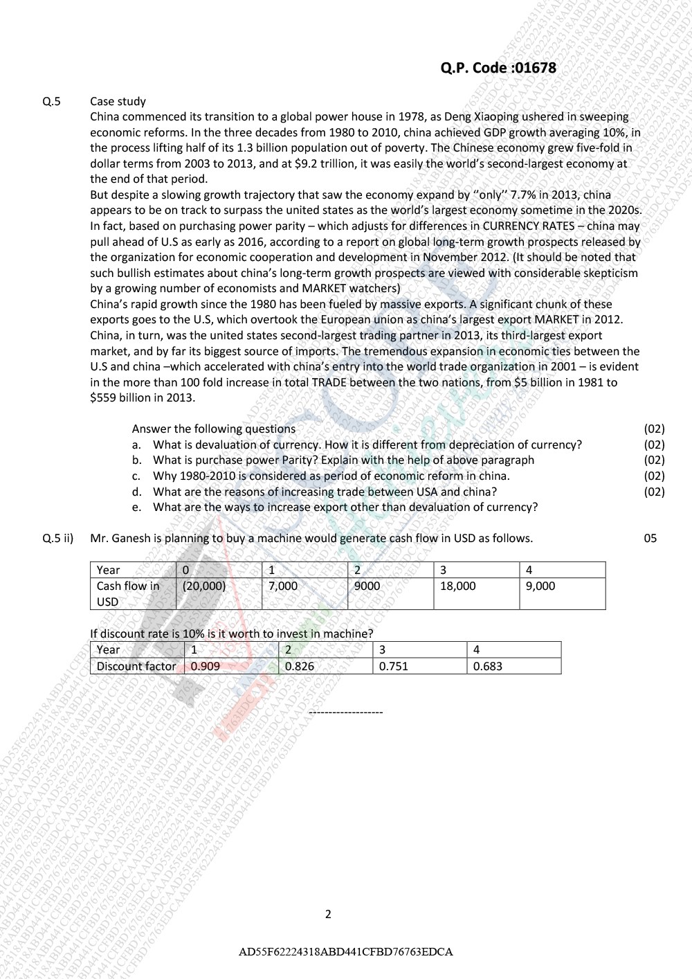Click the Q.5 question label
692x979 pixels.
point(51,102)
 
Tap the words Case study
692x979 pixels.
point(118,102)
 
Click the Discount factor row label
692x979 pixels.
point(136,666)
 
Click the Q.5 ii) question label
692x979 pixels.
point(58,538)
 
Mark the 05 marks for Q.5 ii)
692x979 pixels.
point(650,538)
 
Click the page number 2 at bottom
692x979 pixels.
point(328,914)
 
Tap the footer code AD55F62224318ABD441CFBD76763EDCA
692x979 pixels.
point(345,951)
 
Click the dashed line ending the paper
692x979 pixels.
point(345,712)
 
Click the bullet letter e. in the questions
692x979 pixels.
point(137,508)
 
